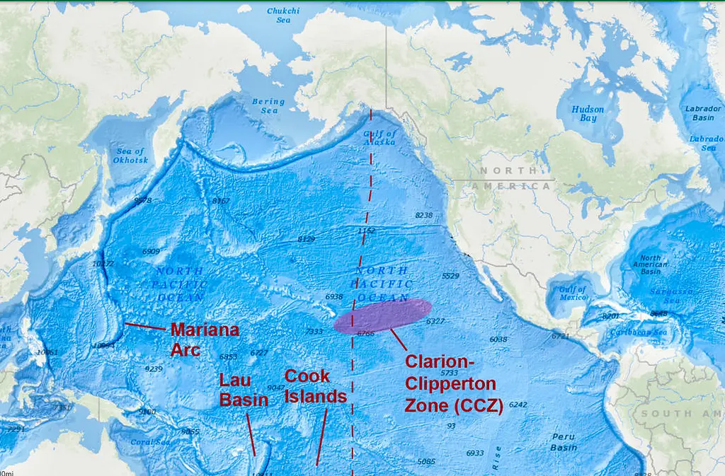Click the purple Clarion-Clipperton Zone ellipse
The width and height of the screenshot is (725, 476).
coord(383,315)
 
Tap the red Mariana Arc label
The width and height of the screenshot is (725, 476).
coord(204,339)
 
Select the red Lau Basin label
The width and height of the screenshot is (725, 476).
coord(243,390)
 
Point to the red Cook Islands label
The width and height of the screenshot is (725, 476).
coord(315,386)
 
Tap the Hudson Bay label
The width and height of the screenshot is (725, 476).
coord(588,114)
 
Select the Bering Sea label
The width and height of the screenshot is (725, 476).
coord(268,106)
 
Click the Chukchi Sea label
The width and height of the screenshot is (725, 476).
coord(282,16)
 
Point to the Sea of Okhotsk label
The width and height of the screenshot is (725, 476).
coord(130,156)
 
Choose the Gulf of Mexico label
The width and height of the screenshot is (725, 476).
coord(572,294)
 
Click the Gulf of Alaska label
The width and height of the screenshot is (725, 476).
coord(379,137)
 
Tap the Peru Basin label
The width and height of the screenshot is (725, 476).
coord(564,443)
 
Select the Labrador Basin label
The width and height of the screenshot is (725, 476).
coord(703,113)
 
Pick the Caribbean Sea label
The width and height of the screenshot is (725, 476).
coord(640,332)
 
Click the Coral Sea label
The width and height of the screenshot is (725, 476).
coord(151,442)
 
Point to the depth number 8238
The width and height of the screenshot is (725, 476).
coord(423,215)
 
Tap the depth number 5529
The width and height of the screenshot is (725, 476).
coord(450,276)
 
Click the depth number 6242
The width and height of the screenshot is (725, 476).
coord(518,405)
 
